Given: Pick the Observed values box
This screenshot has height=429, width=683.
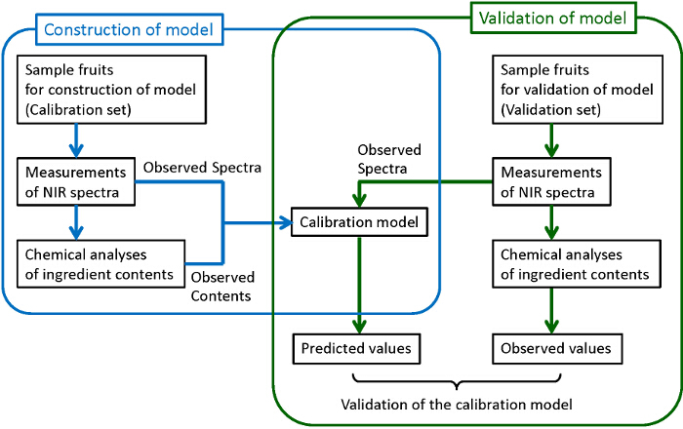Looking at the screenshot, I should coord(555,348).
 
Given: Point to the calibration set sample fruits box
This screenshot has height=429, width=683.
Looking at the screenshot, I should coord(111,89).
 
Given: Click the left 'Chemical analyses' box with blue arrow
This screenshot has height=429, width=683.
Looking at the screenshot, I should coord(100,264).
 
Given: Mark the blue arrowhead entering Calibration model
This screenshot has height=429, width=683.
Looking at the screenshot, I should coord(288,223).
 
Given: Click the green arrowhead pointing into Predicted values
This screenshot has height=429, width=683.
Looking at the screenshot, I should coord(361,329).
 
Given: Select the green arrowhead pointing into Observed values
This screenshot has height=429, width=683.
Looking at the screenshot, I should coord(554,329).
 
